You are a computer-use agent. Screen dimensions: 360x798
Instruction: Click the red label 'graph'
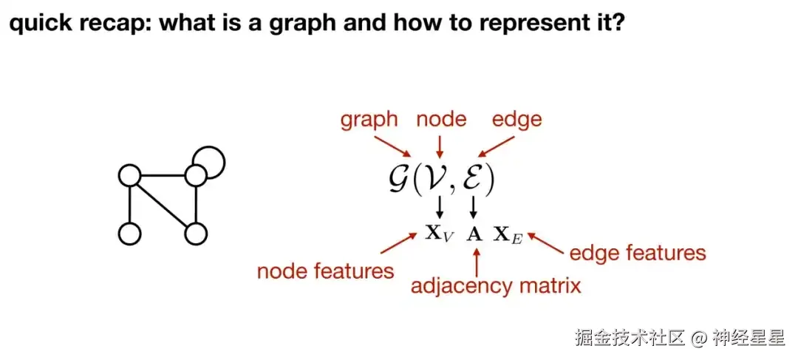[x=369, y=120]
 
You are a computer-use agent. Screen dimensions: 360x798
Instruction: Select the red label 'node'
[x=441, y=119]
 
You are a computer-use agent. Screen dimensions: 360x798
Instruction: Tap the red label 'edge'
[x=516, y=119]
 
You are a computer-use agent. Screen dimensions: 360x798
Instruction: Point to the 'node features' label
[x=325, y=271]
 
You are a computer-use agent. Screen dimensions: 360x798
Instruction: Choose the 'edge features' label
[x=637, y=254]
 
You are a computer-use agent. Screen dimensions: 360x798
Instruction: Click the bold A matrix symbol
[x=475, y=234]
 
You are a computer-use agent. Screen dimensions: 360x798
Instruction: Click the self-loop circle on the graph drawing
[x=208, y=160]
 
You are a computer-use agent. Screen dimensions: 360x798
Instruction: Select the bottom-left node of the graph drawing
[x=129, y=234]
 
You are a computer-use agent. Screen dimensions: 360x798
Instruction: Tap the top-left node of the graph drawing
[x=129, y=176]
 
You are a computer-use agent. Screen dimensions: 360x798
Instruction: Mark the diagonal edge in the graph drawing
[x=162, y=206]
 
